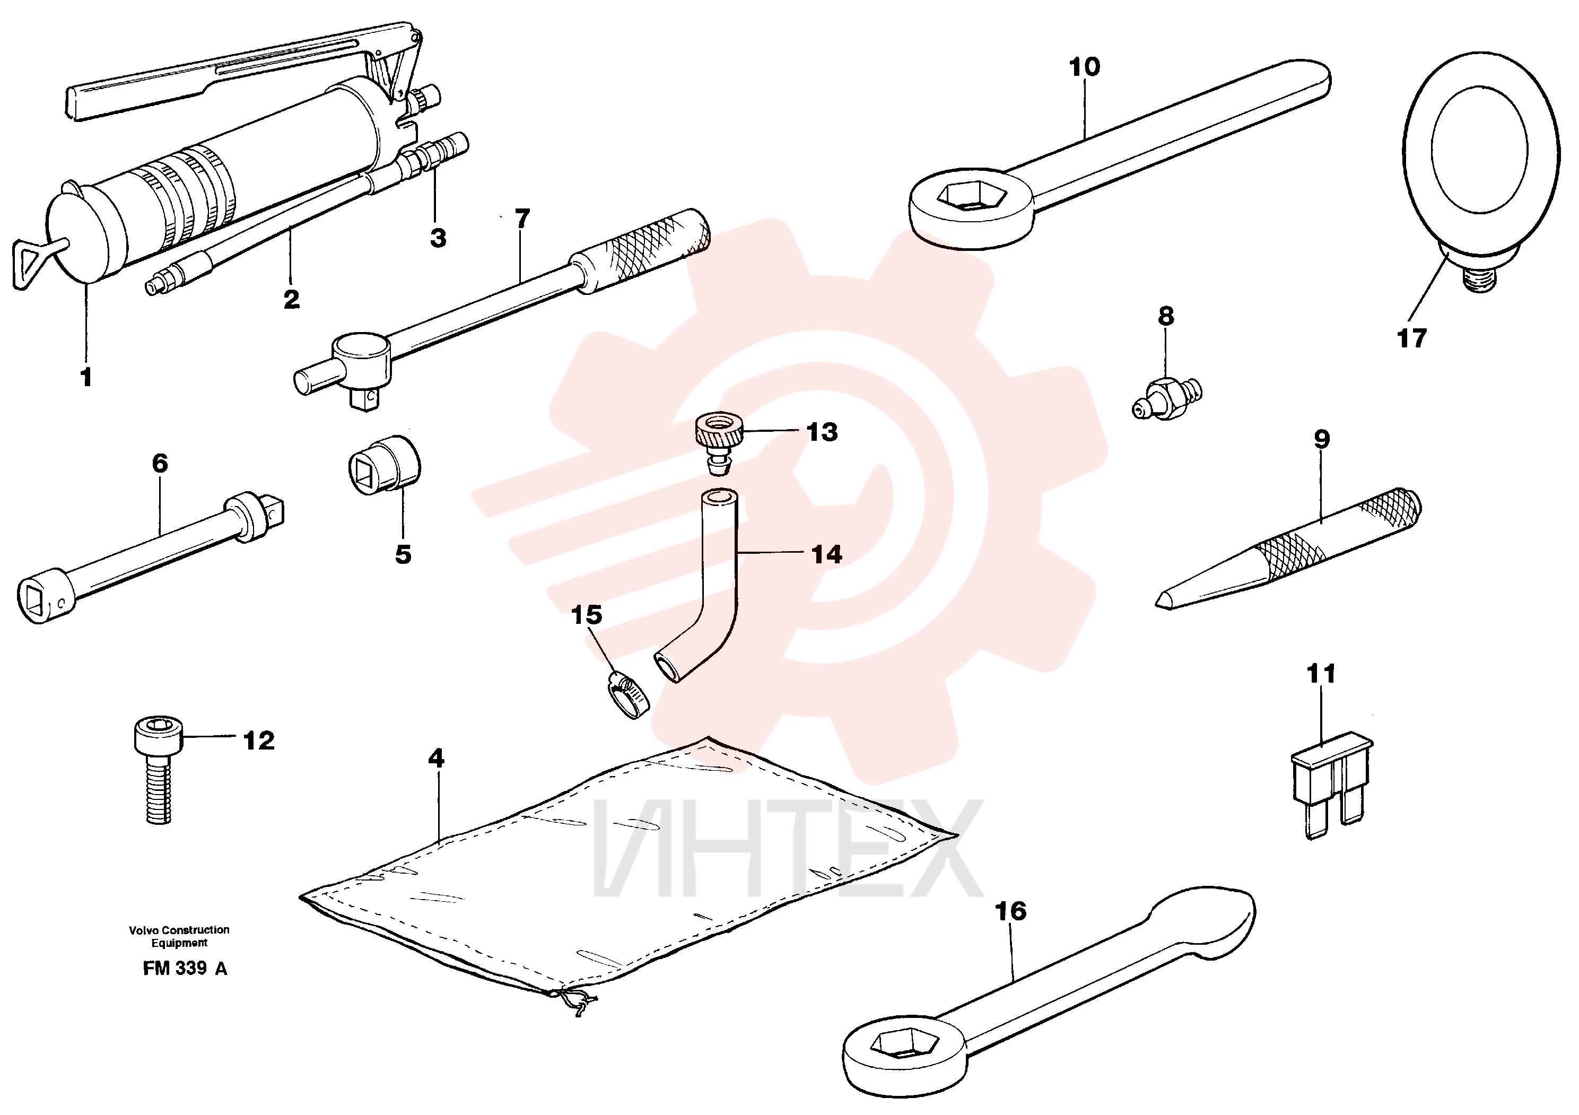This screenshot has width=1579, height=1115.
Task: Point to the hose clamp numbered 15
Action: (x=629, y=695)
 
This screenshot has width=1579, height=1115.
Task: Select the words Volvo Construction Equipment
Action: (x=179, y=936)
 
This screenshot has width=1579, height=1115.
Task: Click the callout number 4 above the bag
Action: (x=436, y=758)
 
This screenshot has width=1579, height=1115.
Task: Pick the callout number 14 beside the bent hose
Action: (x=827, y=554)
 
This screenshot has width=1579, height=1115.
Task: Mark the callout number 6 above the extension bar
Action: (x=160, y=463)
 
